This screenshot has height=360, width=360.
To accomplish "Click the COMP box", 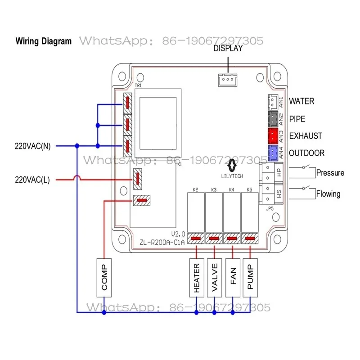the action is pyautogui.click(x=104, y=278).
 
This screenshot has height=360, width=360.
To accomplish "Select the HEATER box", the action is pyautogui.click(x=197, y=278).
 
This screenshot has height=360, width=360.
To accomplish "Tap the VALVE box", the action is pyautogui.click(x=215, y=278).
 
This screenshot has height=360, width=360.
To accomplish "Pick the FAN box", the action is pyautogui.click(x=233, y=278).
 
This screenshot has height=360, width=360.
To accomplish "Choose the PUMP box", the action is pyautogui.click(x=250, y=278).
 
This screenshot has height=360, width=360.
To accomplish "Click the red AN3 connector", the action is pyautogui.click(x=273, y=136).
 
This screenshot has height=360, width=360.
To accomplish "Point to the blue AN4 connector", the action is pyautogui.click(x=273, y=153).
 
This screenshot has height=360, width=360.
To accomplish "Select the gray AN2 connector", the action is pyautogui.click(x=273, y=119).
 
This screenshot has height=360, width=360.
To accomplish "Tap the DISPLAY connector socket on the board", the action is pyautogui.click(x=228, y=80).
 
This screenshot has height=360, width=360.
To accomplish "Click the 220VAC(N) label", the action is pyautogui.click(x=32, y=146).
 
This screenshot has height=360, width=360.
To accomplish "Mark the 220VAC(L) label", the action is pyautogui.click(x=32, y=180).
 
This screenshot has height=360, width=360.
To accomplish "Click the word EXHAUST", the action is pyautogui.click(x=306, y=136).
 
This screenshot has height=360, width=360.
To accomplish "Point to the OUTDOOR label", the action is pyautogui.click(x=307, y=153).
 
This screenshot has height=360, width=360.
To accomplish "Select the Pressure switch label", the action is pyautogui.click(x=330, y=173).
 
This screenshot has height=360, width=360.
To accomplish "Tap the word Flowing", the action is pyautogui.click(x=328, y=194).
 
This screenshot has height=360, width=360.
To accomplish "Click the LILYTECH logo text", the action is pyautogui.click(x=232, y=176).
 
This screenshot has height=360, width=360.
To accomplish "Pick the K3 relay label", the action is pyautogui.click(x=214, y=189).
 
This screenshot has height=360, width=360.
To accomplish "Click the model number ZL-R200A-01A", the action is pyautogui.click(x=162, y=242).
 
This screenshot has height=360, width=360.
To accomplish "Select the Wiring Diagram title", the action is pyautogui.click(x=44, y=41).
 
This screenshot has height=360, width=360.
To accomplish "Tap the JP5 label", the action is pyautogui.click(x=270, y=208).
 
